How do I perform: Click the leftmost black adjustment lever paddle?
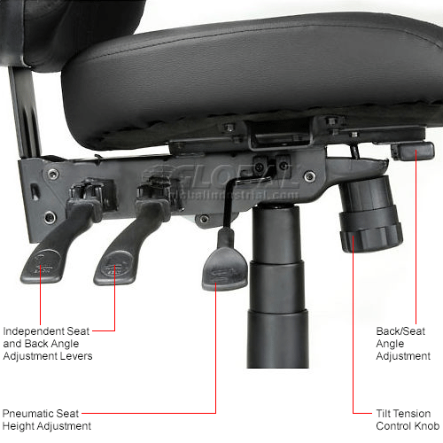tap(44, 259)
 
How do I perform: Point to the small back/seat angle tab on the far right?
tap(411, 151)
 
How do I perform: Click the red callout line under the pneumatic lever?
tap(215, 354)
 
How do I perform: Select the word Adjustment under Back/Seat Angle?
tap(403, 356)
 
